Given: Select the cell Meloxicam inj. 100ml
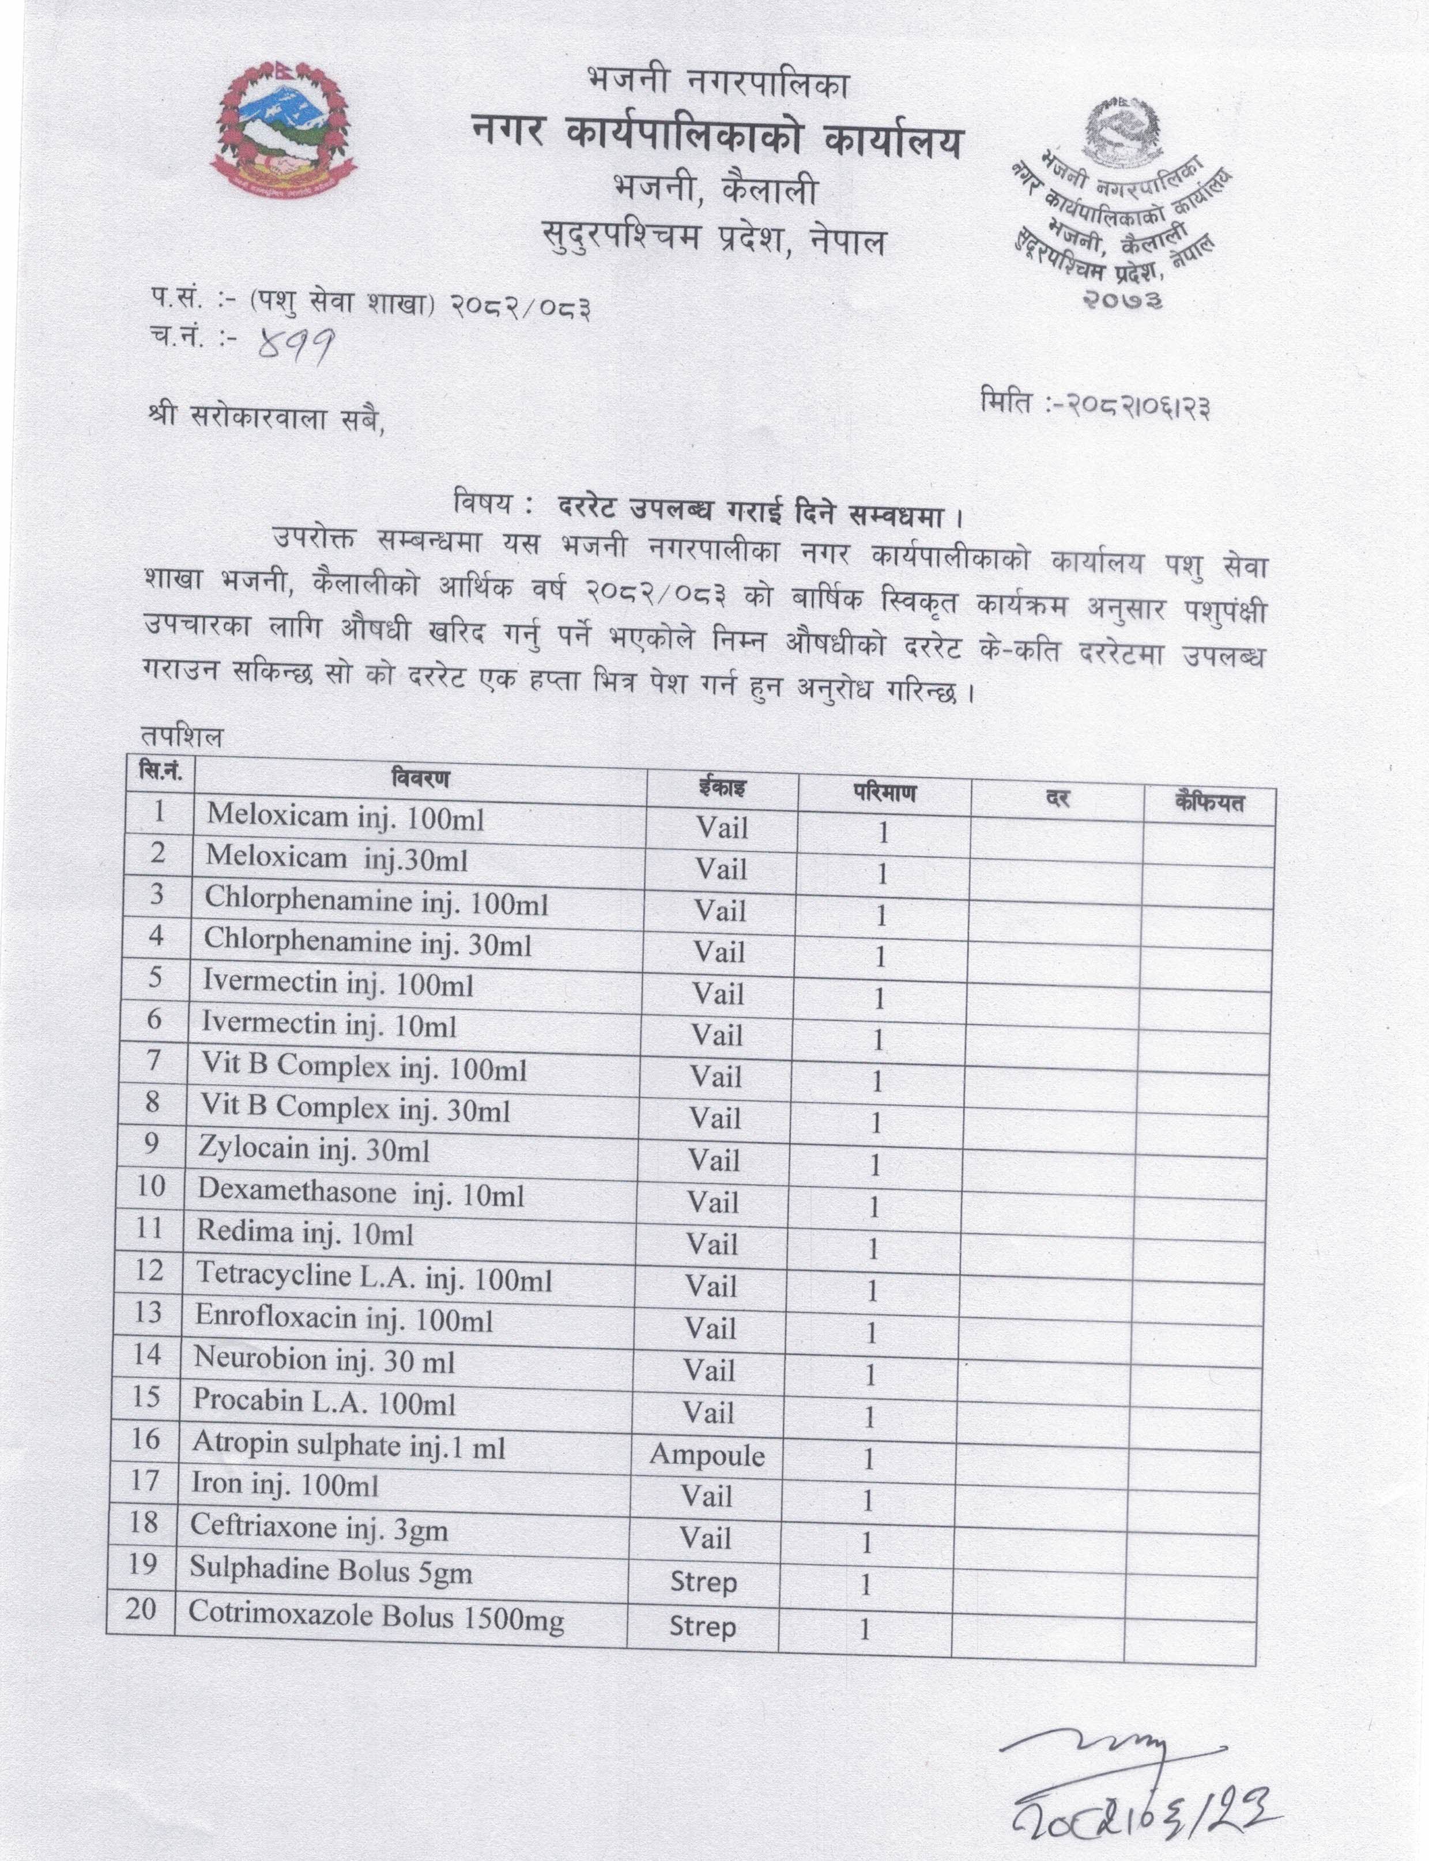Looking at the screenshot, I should [345, 817].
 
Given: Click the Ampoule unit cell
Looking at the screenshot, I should [707, 1455].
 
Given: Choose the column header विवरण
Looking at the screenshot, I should [420, 777].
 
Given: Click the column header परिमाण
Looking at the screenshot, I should [885, 792].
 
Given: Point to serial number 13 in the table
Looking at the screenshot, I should [148, 1312].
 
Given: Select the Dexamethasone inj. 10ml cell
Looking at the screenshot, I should [361, 1192].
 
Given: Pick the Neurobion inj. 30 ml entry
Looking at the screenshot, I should [324, 1359].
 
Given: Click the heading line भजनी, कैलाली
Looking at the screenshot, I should [715, 189].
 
